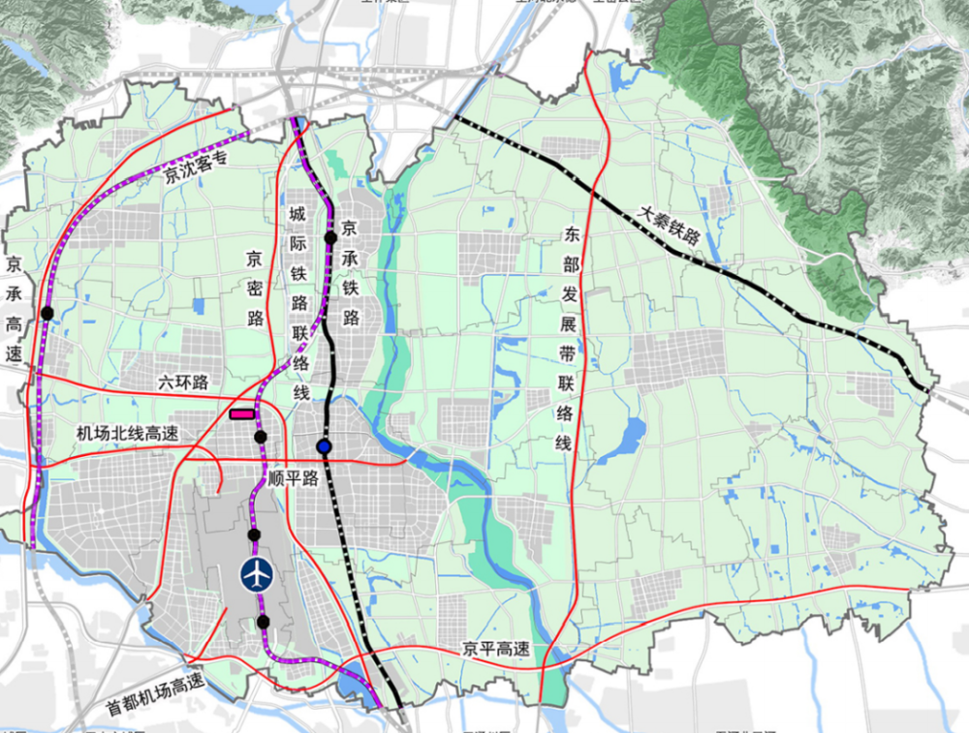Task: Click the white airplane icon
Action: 257,574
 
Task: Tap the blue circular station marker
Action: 324,446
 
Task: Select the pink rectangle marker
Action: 241,414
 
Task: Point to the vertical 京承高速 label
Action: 14,310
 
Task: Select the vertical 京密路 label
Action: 254,289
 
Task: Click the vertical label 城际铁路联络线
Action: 299,301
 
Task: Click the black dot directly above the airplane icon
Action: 254,534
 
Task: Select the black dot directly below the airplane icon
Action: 263,622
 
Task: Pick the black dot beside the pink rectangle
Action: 260,437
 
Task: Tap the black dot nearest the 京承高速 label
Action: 47,313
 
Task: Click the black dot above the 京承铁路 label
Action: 330,237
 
